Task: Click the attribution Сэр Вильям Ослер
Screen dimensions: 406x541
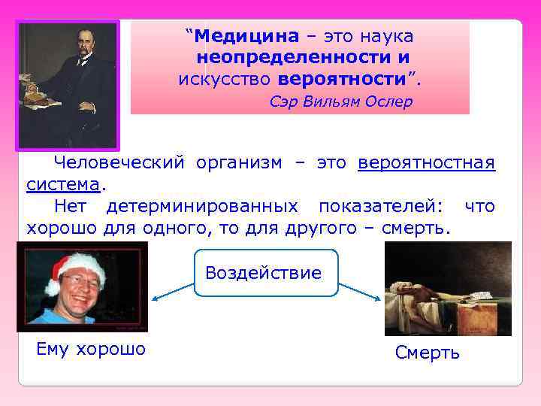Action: (x=341, y=101)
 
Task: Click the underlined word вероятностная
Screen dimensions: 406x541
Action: (x=426, y=162)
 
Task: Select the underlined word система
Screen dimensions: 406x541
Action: (x=63, y=184)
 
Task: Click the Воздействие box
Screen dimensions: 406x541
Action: (x=263, y=272)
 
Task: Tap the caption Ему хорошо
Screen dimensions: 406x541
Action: (x=91, y=349)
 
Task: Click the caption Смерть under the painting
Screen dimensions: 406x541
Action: (x=427, y=353)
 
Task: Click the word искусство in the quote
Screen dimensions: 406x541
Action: (x=225, y=78)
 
